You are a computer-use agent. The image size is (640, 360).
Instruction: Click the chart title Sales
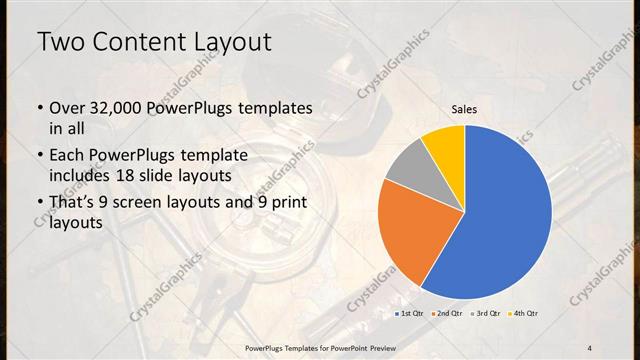click(464, 109)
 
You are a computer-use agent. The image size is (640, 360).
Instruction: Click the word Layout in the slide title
click(235, 42)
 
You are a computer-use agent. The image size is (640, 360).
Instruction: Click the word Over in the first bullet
click(67, 107)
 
